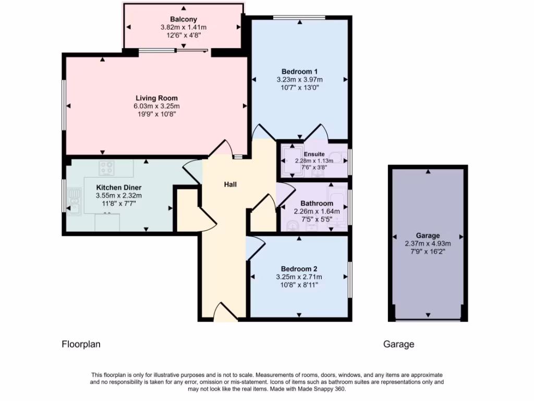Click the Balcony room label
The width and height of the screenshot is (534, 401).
pos(183,19)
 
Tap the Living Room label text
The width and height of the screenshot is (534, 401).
pos(156,98)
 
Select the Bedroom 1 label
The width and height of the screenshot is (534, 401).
pos(299,72)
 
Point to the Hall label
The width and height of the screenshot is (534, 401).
pos(230,184)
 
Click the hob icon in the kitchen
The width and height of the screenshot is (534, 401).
pos(107,168)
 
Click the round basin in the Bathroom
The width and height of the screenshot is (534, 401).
pos(292,225)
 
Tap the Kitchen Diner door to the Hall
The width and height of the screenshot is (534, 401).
pos(191,170)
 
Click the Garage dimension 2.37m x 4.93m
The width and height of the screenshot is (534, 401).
pos(428,243)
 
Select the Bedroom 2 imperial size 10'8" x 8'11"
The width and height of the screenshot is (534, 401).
pos(299,285)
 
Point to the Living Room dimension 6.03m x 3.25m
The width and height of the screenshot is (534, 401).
pos(156,106)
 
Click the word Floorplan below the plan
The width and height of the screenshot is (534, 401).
pos(81,344)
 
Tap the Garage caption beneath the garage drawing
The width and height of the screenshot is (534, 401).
pos(398,344)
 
